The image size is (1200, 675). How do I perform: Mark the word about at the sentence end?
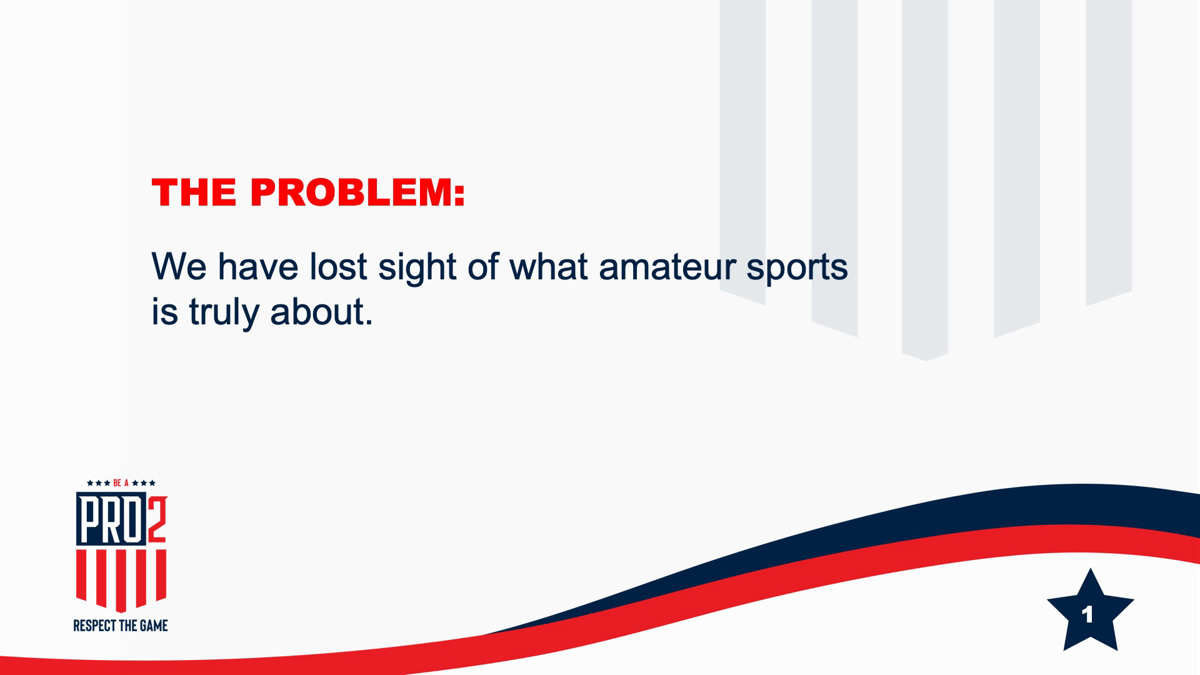click(321, 311)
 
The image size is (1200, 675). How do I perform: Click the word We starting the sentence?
click(179, 266)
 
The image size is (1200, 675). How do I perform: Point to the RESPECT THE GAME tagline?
click(121, 626)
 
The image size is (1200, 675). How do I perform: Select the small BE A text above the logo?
click(121, 483)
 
